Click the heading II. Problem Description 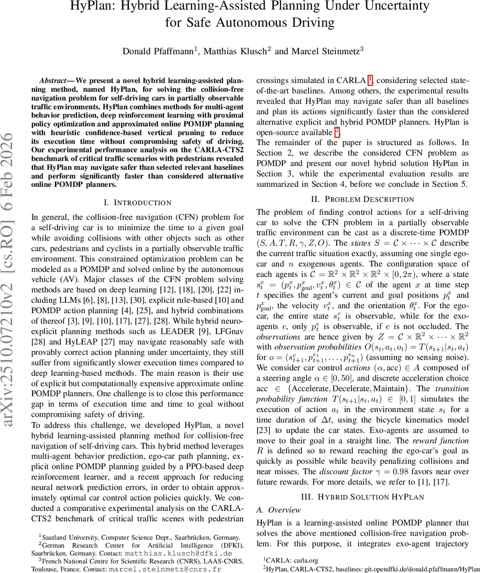(x=362, y=199)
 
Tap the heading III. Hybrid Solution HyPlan (x=362, y=497)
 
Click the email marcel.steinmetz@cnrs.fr (x=168, y=569)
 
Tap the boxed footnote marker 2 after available (x=336, y=131)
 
